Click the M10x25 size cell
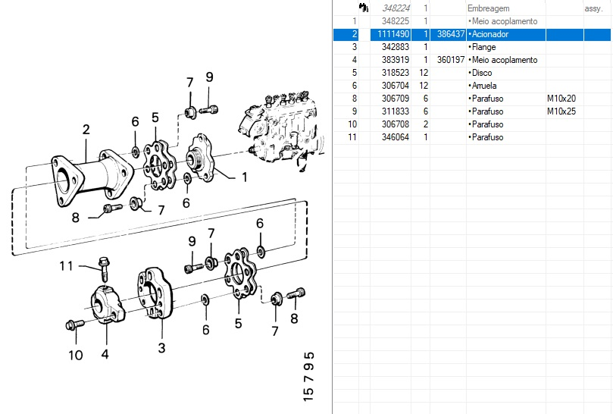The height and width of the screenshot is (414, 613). point(561,111)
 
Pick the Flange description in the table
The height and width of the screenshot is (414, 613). point(484,47)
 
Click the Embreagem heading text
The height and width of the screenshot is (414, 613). point(488,8)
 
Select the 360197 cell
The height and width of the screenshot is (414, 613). point(451,60)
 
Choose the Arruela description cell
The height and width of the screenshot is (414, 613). point(485,86)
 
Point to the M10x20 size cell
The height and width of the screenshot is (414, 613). point(561,99)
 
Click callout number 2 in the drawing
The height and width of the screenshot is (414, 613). point(86,130)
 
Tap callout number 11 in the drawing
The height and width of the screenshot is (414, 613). point(67,265)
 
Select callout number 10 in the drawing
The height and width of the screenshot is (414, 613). point(75,355)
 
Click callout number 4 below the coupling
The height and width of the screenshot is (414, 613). point(105,353)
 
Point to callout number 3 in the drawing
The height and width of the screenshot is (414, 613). point(161,348)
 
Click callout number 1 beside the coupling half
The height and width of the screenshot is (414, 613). point(244,177)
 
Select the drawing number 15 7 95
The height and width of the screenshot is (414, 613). point(308,375)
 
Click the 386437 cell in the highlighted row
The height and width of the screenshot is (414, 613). point(451,34)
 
